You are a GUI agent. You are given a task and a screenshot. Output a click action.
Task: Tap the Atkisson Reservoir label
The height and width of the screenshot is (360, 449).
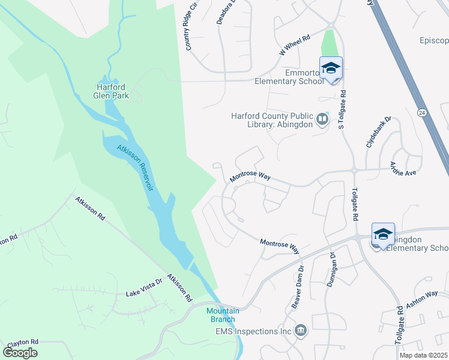pyautogui.click(x=136, y=167)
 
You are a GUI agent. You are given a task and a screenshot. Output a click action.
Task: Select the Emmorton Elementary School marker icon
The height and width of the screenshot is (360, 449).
pyautogui.click(x=331, y=68)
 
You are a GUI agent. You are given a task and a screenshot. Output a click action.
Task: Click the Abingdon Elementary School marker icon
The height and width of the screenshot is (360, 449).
pyautogui.click(x=383, y=234)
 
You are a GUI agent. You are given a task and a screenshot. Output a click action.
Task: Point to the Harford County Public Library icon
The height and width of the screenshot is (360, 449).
pyautogui.click(x=322, y=119)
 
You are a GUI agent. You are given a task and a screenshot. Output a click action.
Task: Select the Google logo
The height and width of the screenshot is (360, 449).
pyautogui.click(x=20, y=352)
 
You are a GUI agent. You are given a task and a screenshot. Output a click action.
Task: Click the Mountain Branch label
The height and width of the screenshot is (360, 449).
pyautogui.click(x=223, y=314)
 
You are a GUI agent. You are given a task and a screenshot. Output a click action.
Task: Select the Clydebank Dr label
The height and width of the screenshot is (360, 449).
pyautogui.click(x=378, y=132)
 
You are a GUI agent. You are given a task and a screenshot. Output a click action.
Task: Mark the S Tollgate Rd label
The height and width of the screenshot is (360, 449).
pyautogui.click(x=343, y=109)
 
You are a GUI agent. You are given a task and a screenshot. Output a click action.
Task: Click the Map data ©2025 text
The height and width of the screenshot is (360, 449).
pyautogui.click(x=423, y=355)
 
